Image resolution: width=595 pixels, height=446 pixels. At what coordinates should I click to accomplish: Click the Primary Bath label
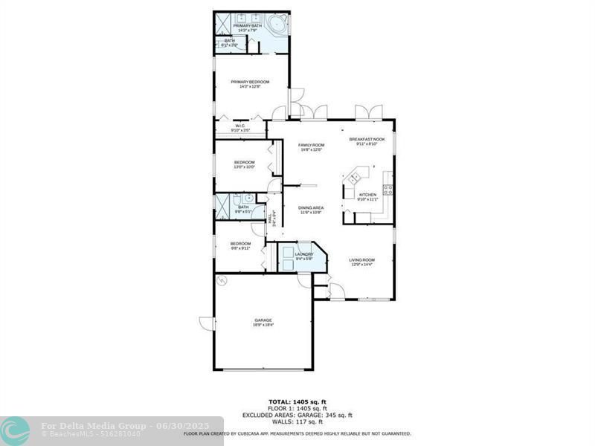coord(247,26)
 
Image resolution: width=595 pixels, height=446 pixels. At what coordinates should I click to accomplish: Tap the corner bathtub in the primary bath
coord(277,24)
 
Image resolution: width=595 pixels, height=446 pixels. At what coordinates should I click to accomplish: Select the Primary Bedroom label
coord(250,82)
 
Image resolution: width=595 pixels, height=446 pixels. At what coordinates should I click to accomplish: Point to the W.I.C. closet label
coord(240,126)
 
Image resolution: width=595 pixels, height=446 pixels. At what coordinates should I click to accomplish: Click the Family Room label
coord(312,145)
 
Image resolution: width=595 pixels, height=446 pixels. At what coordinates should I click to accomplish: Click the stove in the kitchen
coord(388,190)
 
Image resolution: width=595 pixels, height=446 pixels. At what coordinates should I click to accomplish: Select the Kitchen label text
coord(368,195)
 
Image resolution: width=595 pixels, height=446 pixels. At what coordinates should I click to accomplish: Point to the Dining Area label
coord(311,207)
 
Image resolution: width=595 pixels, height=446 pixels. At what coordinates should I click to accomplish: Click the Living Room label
coord(362,259)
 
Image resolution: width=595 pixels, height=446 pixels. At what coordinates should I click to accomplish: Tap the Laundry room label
coord(304,254)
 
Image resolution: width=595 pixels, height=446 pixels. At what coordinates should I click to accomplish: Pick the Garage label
coord(263,320)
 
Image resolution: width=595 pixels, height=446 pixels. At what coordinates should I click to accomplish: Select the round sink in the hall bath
coord(248,198)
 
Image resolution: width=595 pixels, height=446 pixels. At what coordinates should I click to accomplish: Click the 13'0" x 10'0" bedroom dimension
coord(245,167)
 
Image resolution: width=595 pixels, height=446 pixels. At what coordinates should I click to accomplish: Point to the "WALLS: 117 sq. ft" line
coord(297,422)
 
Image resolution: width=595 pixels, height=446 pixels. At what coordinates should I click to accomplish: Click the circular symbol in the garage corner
coord(221,280)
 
